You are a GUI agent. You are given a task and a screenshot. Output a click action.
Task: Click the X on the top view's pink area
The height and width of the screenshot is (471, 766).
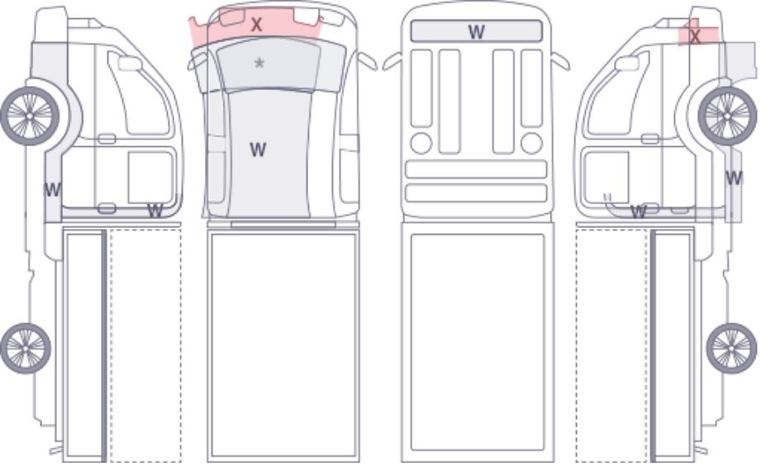256,25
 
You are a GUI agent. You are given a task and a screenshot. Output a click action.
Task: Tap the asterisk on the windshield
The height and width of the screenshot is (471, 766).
259,63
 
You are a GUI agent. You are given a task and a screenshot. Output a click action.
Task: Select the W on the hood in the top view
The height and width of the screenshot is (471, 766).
258,150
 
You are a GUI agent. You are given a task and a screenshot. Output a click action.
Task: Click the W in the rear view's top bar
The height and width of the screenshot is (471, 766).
476,31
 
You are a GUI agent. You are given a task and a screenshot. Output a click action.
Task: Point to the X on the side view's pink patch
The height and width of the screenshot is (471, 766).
695,36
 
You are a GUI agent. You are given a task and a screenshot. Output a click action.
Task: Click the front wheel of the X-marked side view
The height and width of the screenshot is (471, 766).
727,116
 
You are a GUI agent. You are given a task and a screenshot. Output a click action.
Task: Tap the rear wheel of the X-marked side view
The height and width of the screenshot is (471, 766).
731,348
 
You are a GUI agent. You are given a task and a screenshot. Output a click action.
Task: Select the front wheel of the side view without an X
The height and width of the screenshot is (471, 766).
30,116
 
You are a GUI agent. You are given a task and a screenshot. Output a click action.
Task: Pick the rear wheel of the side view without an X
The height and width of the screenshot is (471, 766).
26,348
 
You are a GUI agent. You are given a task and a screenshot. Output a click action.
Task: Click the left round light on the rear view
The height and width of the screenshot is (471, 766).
421,143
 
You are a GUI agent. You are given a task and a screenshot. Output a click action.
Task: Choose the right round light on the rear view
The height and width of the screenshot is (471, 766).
531,143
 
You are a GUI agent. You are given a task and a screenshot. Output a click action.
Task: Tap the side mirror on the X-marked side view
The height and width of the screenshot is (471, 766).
627,64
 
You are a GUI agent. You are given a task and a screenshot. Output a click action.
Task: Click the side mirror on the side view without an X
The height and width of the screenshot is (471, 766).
130,64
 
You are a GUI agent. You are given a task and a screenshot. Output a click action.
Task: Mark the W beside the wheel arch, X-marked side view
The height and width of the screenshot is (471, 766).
734,178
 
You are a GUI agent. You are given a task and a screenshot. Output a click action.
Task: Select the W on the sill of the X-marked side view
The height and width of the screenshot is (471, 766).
639,212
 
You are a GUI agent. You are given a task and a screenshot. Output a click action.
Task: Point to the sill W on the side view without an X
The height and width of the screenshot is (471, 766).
155,211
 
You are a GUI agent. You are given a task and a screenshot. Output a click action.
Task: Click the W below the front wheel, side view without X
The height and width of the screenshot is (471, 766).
52,189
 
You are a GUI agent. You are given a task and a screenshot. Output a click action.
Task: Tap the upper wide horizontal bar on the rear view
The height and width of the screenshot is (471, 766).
476,169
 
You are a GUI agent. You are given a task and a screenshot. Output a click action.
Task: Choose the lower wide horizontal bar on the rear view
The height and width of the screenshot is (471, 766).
476,193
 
